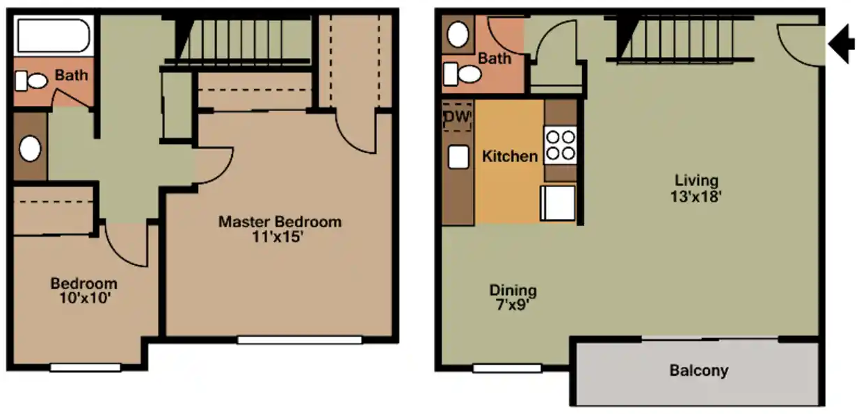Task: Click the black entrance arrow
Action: point(842,44)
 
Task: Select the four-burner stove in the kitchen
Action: point(561,145)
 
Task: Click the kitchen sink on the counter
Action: point(458,157)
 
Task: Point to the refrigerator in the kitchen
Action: point(558,203)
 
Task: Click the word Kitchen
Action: point(510,157)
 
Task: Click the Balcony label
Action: point(698,370)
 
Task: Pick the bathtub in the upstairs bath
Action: point(53,36)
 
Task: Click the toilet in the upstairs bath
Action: point(31,81)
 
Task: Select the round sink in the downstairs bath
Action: point(458,35)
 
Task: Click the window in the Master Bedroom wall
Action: point(299,340)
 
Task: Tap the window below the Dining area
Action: point(497,368)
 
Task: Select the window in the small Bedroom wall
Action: point(85,367)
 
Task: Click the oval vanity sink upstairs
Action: point(30,148)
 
